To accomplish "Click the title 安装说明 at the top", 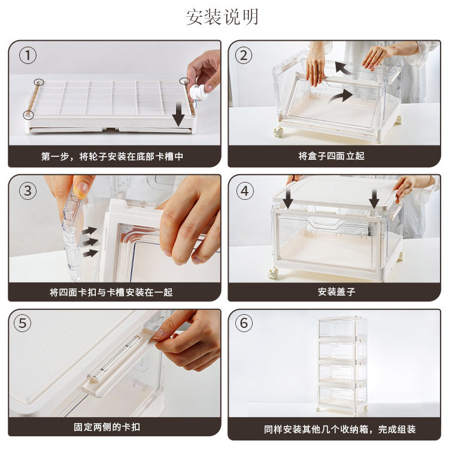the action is (222, 17).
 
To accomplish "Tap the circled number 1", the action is (28, 56).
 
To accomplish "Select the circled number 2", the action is (244, 56).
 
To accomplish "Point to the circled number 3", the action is (28, 191).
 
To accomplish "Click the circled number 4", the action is (245, 191).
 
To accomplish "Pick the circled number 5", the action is (23, 323).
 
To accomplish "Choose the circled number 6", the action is (244, 323).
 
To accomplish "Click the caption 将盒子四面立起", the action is (331, 156).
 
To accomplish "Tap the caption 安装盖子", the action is (336, 292).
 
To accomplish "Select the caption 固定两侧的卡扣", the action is (107, 427).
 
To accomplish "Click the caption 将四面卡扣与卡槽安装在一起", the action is (111, 293).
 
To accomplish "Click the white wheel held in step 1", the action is (196, 92).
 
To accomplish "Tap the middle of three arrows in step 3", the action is (90, 242).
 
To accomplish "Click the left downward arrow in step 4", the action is (288, 199).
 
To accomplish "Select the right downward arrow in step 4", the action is (374, 199).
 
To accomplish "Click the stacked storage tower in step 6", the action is (342, 364).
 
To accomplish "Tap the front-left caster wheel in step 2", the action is (279, 132).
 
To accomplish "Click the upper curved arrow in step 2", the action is (344, 68).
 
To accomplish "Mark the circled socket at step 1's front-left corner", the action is (28, 115).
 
